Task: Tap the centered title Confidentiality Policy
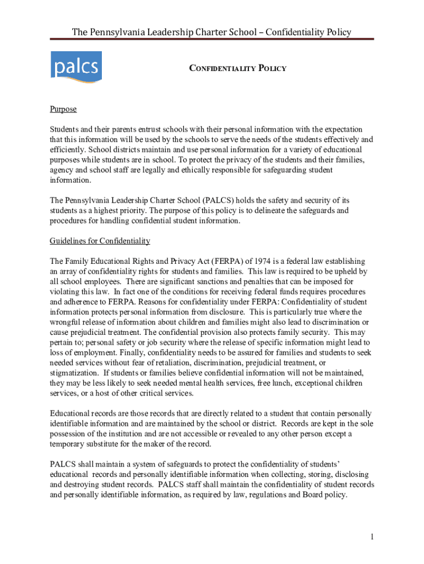click(238, 68)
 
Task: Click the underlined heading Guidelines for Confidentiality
click(100, 241)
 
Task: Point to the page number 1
click(372, 537)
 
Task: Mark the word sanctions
click(204, 281)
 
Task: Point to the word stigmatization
click(72, 373)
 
